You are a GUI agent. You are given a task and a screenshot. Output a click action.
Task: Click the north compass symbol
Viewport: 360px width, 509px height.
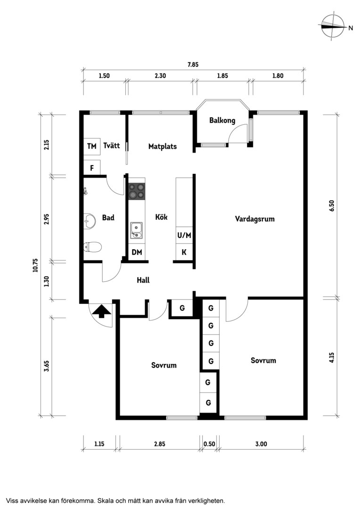pyautogui.click(x=333, y=27)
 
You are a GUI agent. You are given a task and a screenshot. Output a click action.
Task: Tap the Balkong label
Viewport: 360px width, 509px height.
pyautogui.click(x=222, y=121)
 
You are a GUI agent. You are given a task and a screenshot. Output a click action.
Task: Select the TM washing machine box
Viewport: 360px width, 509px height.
pyautogui.click(x=92, y=147)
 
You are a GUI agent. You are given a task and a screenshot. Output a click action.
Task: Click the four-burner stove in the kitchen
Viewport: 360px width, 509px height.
pyautogui.click(x=136, y=191)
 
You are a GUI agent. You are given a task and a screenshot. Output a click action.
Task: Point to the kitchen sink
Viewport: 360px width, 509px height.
pyautogui.click(x=136, y=230)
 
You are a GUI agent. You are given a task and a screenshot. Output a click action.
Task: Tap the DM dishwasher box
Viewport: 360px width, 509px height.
pyautogui.click(x=137, y=252)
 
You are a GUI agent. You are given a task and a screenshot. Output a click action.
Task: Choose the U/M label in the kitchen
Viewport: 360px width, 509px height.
pyautogui.click(x=184, y=235)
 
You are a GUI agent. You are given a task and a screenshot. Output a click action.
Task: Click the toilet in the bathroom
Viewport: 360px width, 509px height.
pyautogui.click(x=92, y=247)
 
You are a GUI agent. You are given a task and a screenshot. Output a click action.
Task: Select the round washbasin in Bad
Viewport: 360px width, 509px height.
pyautogui.click(x=89, y=222)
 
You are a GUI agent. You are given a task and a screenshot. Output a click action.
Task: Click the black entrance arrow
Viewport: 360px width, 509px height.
pyautogui.click(x=101, y=311)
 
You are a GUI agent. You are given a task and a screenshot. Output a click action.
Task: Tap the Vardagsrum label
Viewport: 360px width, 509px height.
pyautogui.click(x=255, y=219)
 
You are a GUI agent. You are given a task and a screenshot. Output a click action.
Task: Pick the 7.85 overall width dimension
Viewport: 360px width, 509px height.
pyautogui.click(x=193, y=64)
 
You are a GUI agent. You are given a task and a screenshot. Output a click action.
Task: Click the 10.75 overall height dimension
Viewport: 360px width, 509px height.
pyautogui.click(x=35, y=265)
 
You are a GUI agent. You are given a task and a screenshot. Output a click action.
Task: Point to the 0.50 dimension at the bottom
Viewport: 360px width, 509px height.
pyautogui.click(x=209, y=444)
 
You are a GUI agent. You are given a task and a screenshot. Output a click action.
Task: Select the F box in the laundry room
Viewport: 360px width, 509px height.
pyautogui.click(x=92, y=168)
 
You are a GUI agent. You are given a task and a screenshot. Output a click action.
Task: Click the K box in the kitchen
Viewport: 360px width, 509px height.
pyautogui.click(x=184, y=252)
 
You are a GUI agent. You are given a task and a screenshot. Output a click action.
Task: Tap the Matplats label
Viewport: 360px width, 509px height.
pyautogui.click(x=162, y=147)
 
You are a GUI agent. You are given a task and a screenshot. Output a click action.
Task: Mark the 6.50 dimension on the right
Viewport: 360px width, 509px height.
pyautogui.click(x=331, y=205)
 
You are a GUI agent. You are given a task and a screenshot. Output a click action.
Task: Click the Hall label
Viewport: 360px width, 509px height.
pyautogui.click(x=143, y=280)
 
